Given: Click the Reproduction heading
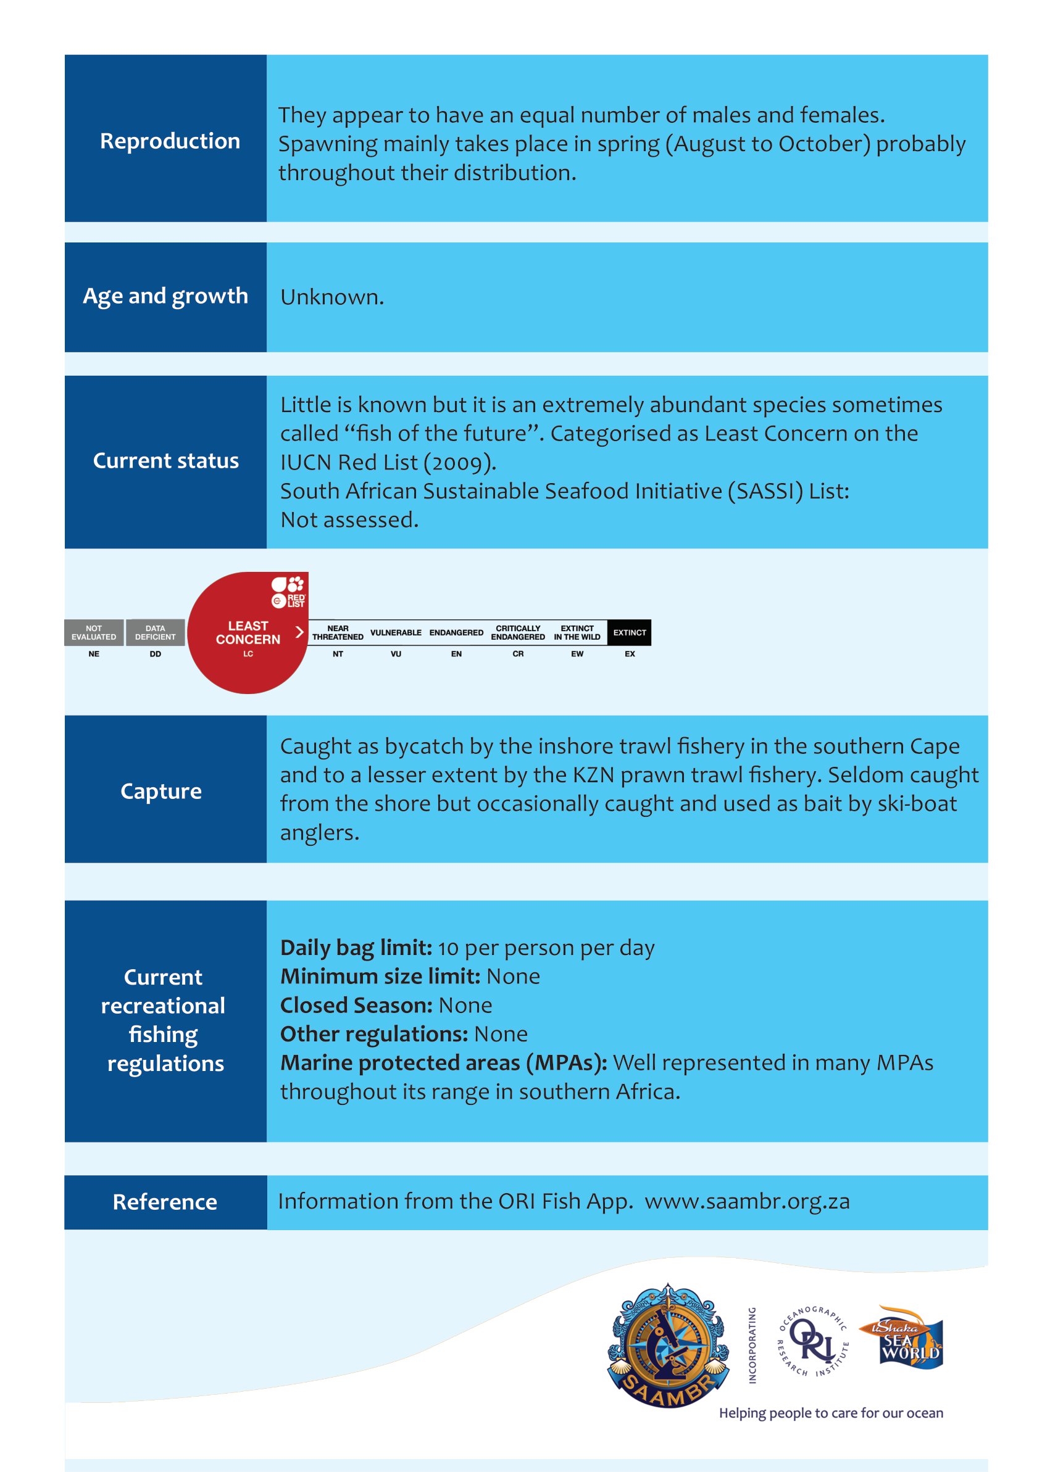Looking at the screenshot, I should (169, 141).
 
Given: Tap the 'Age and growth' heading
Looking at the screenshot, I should (165, 296).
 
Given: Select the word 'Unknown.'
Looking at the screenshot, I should (331, 297).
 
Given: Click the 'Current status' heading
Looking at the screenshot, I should (165, 461).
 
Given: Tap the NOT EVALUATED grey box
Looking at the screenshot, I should (94, 632).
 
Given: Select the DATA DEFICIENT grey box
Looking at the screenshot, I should (155, 632).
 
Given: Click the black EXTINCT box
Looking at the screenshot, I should (629, 632).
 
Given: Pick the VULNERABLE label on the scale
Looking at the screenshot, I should (396, 632).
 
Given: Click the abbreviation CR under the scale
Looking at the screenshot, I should (518, 654).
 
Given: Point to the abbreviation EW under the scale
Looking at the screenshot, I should (577, 654).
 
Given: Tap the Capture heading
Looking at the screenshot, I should (161, 791).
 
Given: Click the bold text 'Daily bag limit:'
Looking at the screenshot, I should (356, 948).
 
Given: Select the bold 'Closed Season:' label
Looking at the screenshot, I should (356, 1006).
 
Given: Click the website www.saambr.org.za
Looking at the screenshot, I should (747, 1201).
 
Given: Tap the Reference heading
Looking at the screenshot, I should (165, 1202).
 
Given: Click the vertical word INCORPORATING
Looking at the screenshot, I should (752, 1346).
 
